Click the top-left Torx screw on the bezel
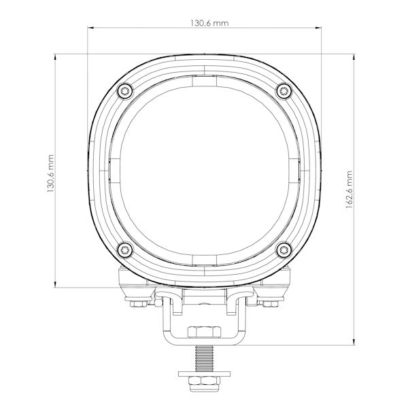[x=125, y=91]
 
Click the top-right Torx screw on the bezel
[x=284, y=91]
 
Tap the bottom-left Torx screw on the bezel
[x=125, y=250]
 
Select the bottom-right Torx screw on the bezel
[x=284, y=250]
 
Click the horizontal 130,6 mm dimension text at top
[x=209, y=23]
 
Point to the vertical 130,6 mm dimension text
[x=50, y=173]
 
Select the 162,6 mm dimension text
[x=349, y=190]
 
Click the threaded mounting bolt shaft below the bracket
[x=204, y=358]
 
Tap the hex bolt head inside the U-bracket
[x=204, y=332]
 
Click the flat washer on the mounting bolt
[x=204, y=374]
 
